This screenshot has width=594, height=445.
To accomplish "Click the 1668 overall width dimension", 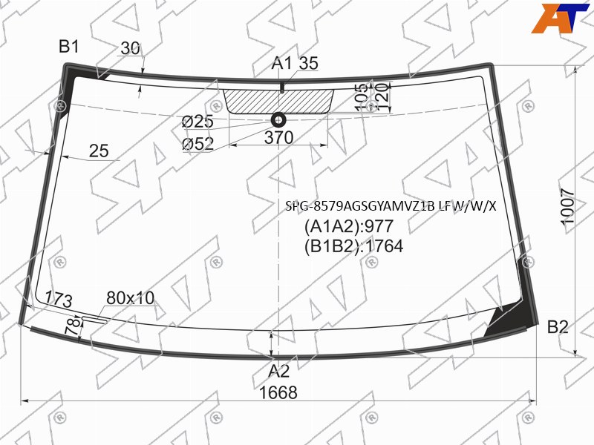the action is point(278,392).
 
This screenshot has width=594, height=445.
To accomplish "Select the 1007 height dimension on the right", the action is point(568,207).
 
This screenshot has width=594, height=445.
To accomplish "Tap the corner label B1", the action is point(69,46).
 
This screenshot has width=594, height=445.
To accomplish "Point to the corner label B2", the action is point(558,327).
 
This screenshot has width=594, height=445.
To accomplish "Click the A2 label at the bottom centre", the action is point(278,372).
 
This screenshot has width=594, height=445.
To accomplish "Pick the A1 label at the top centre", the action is point(282,63).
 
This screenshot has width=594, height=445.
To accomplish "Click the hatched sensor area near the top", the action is point(279,102).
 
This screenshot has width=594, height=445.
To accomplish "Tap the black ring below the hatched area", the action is point(279,120).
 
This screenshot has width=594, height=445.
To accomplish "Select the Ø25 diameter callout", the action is point(198,122).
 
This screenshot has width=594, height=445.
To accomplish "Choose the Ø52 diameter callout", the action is point(198,143).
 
